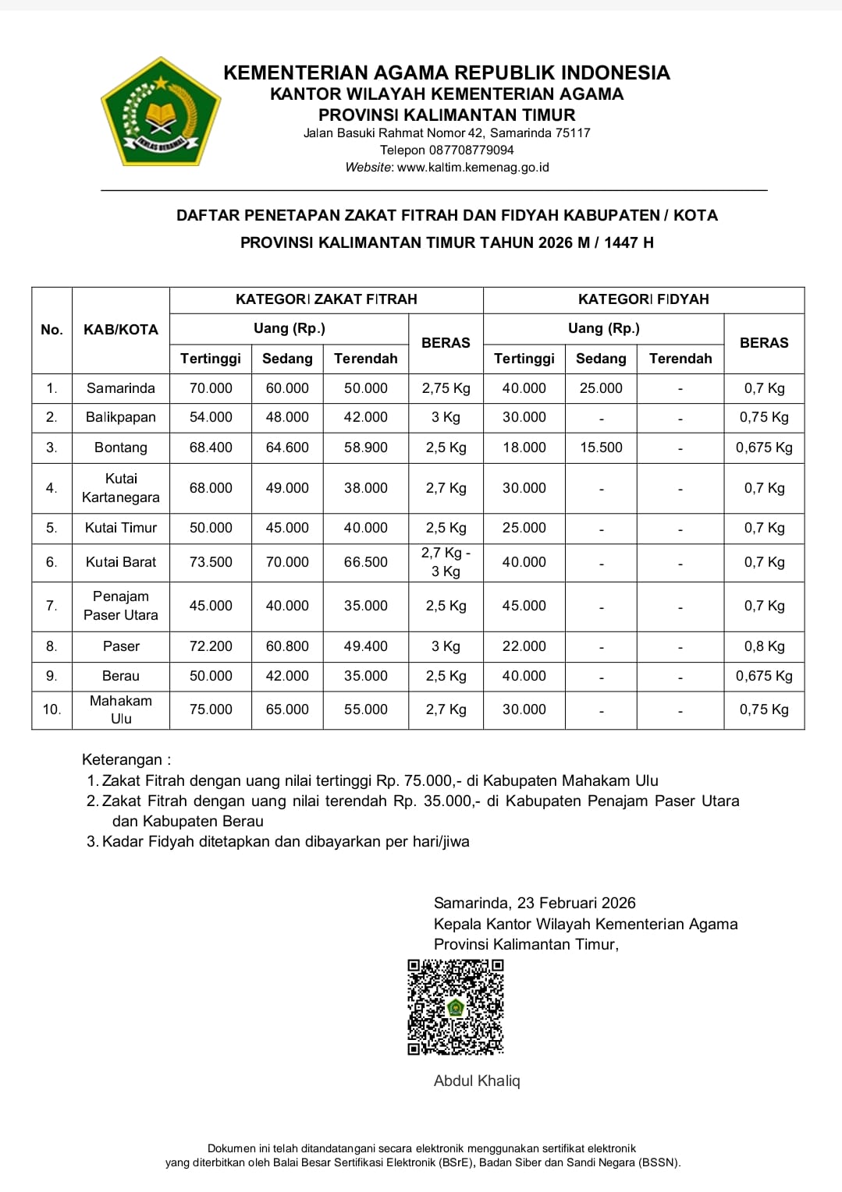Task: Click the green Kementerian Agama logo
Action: [161, 111]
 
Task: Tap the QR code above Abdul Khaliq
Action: [456, 1007]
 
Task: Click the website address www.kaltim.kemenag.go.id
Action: [473, 167]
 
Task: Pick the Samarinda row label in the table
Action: [121, 388]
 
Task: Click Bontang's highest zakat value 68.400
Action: [211, 447]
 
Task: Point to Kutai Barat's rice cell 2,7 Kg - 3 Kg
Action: [446, 562]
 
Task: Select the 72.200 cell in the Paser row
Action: [211, 646]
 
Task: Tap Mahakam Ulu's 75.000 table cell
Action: [211, 709]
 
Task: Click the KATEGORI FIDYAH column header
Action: [643, 299]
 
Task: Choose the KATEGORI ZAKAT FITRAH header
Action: [326, 299]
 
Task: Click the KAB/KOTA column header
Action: [121, 330]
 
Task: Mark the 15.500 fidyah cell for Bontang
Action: [601, 447]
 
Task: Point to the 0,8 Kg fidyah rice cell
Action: [764, 646]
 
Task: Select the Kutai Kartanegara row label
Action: [121, 488]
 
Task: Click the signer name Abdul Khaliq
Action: [477, 1081]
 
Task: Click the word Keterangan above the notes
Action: [123, 759]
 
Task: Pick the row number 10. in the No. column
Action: [52, 709]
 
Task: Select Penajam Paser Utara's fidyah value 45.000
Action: [524, 606]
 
